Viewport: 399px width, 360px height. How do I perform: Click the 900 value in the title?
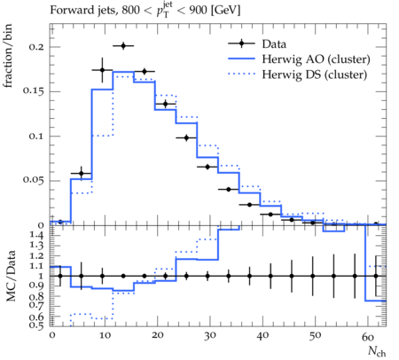[x=199, y=10]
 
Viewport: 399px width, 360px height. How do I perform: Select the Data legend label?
[x=274, y=44]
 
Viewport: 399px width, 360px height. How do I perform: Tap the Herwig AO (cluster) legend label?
[x=316, y=59]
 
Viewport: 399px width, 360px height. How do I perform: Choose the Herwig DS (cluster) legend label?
[x=315, y=74]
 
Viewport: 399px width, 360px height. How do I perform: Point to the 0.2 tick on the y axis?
[x=36, y=47]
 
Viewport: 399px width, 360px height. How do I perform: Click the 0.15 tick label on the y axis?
[x=34, y=91]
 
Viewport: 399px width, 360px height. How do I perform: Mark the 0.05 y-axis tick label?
[x=34, y=180]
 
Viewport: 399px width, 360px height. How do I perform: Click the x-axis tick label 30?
[x=209, y=336]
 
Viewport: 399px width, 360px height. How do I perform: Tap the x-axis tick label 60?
[x=368, y=337]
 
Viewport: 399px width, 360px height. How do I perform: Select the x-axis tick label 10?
[x=105, y=336]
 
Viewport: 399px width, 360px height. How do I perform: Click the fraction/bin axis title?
[x=8, y=56]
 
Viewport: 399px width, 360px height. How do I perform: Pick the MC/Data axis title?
[x=11, y=276]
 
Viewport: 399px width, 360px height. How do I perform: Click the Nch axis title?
[x=377, y=352]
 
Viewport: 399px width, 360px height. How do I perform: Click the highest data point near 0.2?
[x=123, y=46]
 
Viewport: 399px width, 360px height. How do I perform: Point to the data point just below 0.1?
[x=186, y=137]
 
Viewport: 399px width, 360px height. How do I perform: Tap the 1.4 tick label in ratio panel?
[x=36, y=236]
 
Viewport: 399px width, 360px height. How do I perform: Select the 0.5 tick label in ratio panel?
[x=36, y=325]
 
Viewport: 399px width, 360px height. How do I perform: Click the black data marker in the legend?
[x=241, y=43]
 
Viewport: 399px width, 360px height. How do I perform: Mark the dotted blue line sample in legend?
[x=241, y=74]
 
